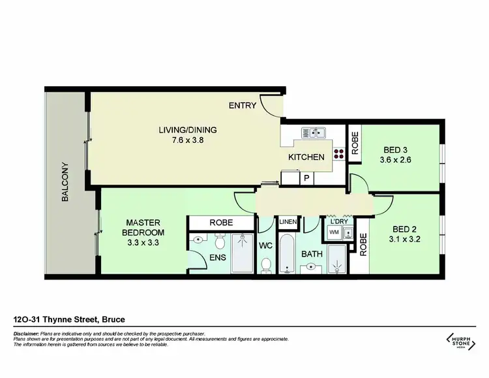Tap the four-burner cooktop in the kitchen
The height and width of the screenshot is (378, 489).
(339, 155)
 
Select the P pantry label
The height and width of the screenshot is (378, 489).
(306, 178)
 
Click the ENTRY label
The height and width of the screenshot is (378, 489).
(242, 105)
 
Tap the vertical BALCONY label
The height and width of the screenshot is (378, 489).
(65, 181)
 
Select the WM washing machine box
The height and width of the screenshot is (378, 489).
(334, 232)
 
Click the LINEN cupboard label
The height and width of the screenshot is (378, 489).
(288, 223)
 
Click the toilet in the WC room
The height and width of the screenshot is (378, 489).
(266, 264)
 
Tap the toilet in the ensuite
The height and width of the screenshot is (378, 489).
(220, 244)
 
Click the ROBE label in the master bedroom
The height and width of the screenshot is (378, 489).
(220, 223)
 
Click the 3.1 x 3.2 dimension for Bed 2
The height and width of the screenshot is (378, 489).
(404, 239)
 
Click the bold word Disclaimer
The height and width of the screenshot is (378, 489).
(27, 333)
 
